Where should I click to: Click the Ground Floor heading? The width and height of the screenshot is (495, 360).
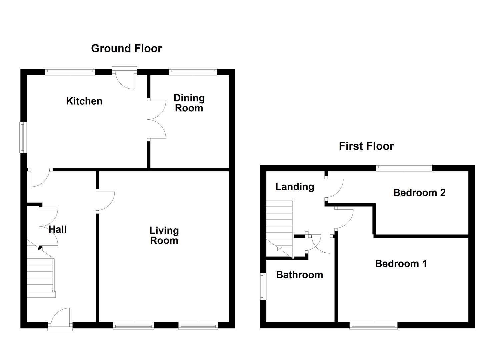(x=126, y=48)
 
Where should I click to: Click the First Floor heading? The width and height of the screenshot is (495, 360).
(x=366, y=146)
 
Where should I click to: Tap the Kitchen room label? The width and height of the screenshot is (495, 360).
(x=84, y=101)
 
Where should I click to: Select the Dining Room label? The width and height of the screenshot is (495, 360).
(x=189, y=103)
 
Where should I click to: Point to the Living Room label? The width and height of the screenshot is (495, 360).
(x=164, y=235)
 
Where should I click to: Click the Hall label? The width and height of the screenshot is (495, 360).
(x=58, y=229)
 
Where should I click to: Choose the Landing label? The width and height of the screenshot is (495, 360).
(x=295, y=187)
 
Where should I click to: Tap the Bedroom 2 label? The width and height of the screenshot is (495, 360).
(x=419, y=193)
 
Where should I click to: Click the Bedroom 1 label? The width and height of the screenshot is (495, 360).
(x=401, y=264)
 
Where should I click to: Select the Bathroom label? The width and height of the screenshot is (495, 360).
(x=299, y=275)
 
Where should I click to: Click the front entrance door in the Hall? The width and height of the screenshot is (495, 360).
(x=60, y=320)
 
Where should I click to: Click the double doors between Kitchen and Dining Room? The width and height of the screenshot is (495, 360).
(x=157, y=119)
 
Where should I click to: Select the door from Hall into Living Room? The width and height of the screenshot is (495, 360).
(x=105, y=201)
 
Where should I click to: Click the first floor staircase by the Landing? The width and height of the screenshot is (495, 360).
(x=279, y=228)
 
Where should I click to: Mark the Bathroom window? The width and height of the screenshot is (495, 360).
(x=263, y=286)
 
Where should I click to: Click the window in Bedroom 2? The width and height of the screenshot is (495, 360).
(x=404, y=168)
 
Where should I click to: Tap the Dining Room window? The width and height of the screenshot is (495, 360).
(x=193, y=71)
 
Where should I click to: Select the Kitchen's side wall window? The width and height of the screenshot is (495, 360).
(x=23, y=137)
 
